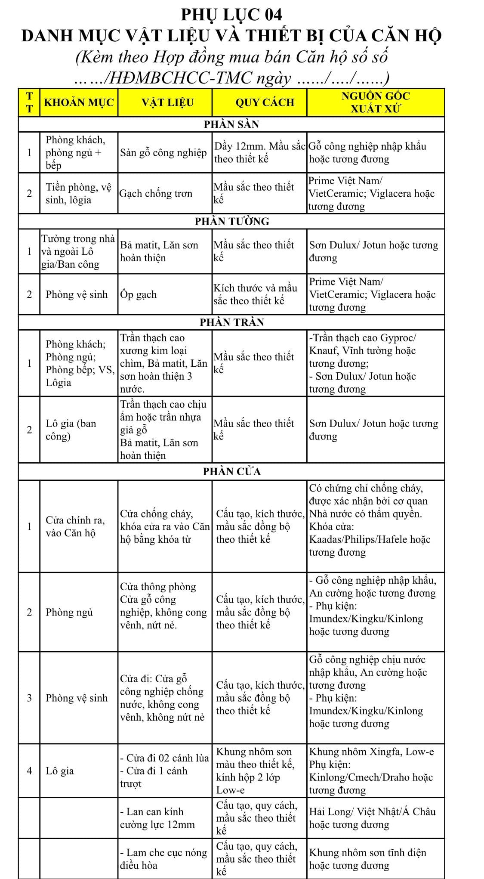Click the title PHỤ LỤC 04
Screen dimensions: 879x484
click(x=231, y=15)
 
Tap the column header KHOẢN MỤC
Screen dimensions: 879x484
click(x=79, y=102)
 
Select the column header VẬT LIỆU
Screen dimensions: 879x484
click(x=168, y=102)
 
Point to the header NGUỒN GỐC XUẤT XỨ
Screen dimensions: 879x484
click(x=376, y=102)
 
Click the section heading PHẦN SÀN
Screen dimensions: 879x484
click(x=231, y=124)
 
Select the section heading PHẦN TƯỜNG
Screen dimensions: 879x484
click(x=231, y=221)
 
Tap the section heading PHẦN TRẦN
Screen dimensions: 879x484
click(x=231, y=322)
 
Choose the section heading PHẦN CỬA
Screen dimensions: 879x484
click(x=231, y=471)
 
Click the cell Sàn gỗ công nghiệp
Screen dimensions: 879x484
click(x=163, y=153)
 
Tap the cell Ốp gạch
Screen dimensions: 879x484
click(x=139, y=294)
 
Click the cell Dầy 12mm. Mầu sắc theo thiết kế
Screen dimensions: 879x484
click(x=259, y=153)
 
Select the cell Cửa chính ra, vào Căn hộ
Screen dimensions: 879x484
click(x=75, y=526)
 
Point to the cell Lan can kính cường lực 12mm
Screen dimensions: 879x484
click(x=157, y=818)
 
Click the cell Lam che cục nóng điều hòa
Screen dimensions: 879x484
click(x=163, y=859)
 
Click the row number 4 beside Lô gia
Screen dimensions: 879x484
click(x=29, y=771)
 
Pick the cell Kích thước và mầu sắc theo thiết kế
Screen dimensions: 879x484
click(x=255, y=294)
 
